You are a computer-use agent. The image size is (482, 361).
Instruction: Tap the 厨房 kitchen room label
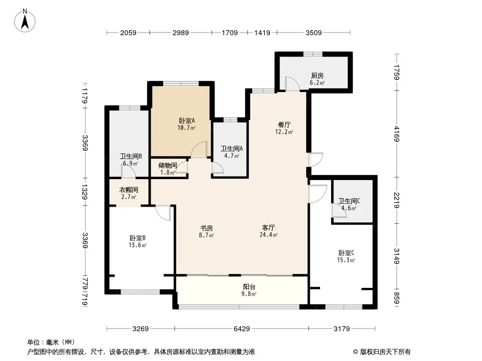(x=317, y=76)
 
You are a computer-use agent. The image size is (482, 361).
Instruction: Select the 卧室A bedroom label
(x=187, y=120)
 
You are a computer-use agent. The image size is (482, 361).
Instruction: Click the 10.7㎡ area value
(x=187, y=128)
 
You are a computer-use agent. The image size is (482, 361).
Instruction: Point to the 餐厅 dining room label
(x=284, y=125)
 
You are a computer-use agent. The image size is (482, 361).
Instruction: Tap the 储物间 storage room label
(x=167, y=165)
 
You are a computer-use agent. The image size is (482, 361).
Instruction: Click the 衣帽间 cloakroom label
(x=128, y=190)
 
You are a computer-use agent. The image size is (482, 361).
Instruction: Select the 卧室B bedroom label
(x=137, y=238)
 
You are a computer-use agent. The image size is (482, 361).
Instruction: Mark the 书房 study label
(x=207, y=227)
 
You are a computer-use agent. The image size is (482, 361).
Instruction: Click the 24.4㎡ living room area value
(x=269, y=235)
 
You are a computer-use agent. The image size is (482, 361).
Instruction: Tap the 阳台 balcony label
(x=248, y=287)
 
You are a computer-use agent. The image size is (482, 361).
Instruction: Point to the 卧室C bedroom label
(x=346, y=253)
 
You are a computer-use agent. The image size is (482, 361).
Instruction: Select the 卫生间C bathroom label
(x=349, y=201)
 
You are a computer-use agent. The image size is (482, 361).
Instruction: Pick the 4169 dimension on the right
(x=397, y=134)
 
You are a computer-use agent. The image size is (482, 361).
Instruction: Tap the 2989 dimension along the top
(x=180, y=32)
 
